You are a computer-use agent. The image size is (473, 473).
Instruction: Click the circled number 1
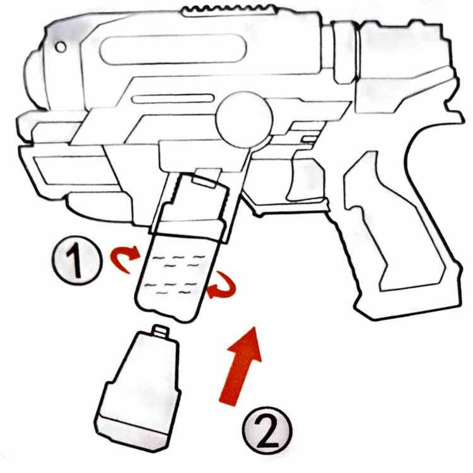[78, 259]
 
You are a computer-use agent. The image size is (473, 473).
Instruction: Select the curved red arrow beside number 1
[124, 257]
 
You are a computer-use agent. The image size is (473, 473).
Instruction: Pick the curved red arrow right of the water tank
[223, 286]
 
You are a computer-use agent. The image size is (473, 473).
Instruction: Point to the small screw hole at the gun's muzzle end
[61, 47]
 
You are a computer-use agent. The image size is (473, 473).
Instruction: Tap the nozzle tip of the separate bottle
[160, 331]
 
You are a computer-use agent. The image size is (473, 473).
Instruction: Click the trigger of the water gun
[305, 180]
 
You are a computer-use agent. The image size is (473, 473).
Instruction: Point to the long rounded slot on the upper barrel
[173, 49]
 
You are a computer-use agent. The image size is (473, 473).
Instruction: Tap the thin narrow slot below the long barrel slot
[173, 99]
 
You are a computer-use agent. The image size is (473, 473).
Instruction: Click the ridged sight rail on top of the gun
[230, 10]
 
